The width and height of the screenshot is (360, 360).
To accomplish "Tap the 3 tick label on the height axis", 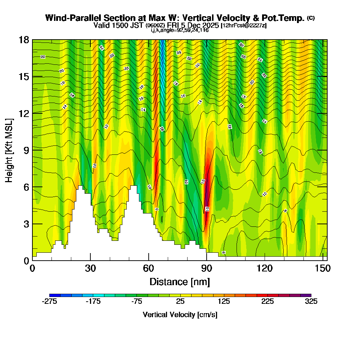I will point(26,224).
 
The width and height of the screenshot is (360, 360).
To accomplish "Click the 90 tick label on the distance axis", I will point(206,269).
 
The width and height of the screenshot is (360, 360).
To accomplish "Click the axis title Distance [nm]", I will point(180,282).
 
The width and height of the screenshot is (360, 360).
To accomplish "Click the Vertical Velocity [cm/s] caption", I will point(180,315).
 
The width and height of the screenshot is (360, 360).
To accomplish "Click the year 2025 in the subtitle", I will point(210,26).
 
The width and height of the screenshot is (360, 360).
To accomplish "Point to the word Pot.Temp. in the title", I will point(284,18).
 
